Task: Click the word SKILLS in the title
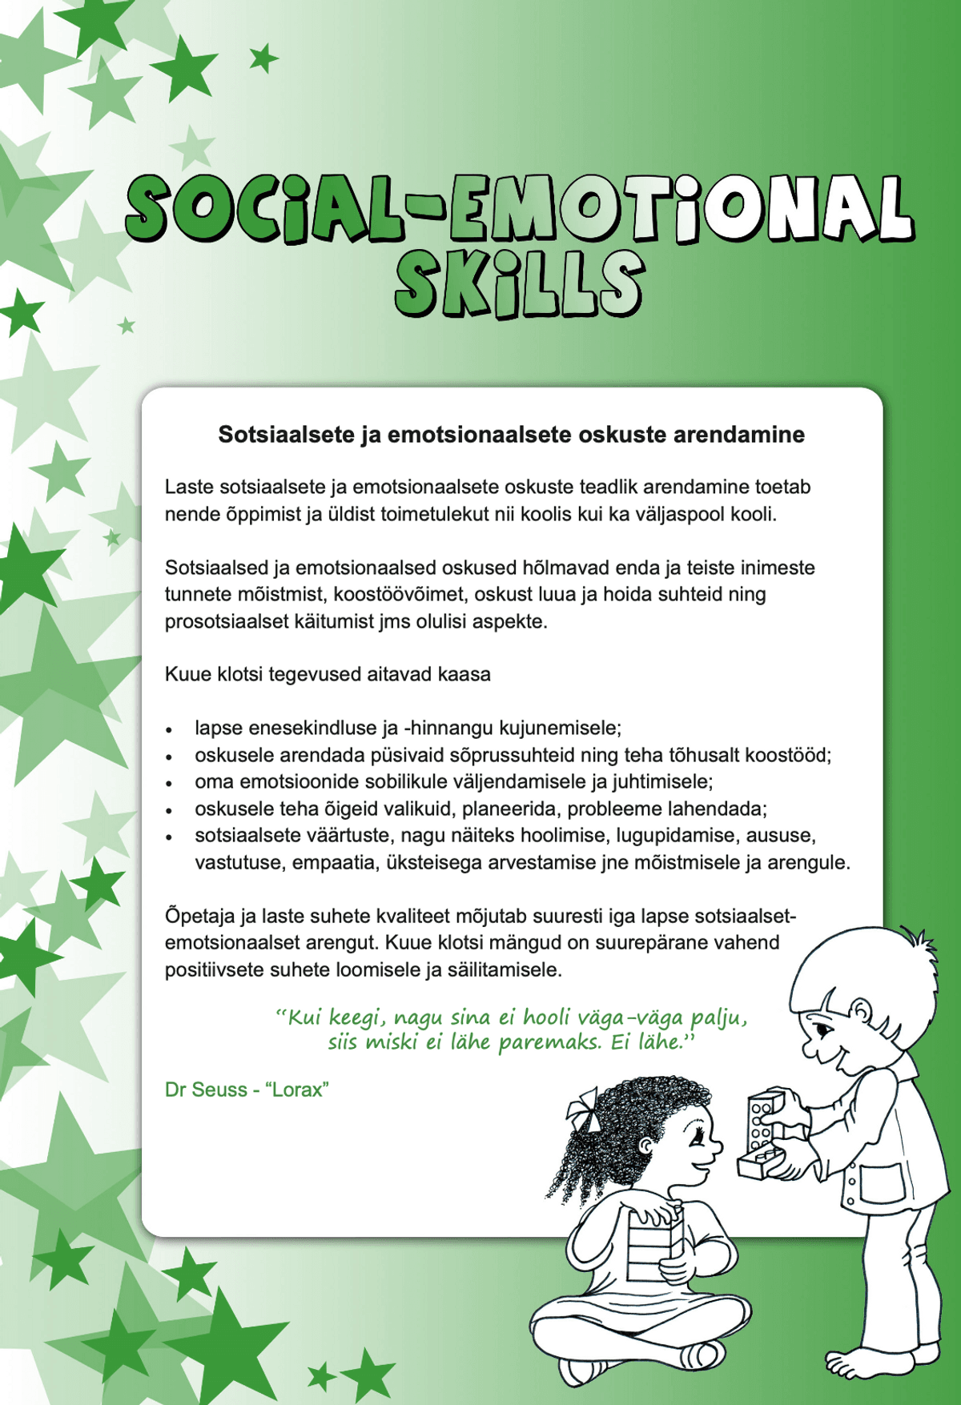[519, 284]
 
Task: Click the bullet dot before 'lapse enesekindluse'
[169, 730]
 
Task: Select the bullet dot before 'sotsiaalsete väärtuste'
[169, 837]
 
